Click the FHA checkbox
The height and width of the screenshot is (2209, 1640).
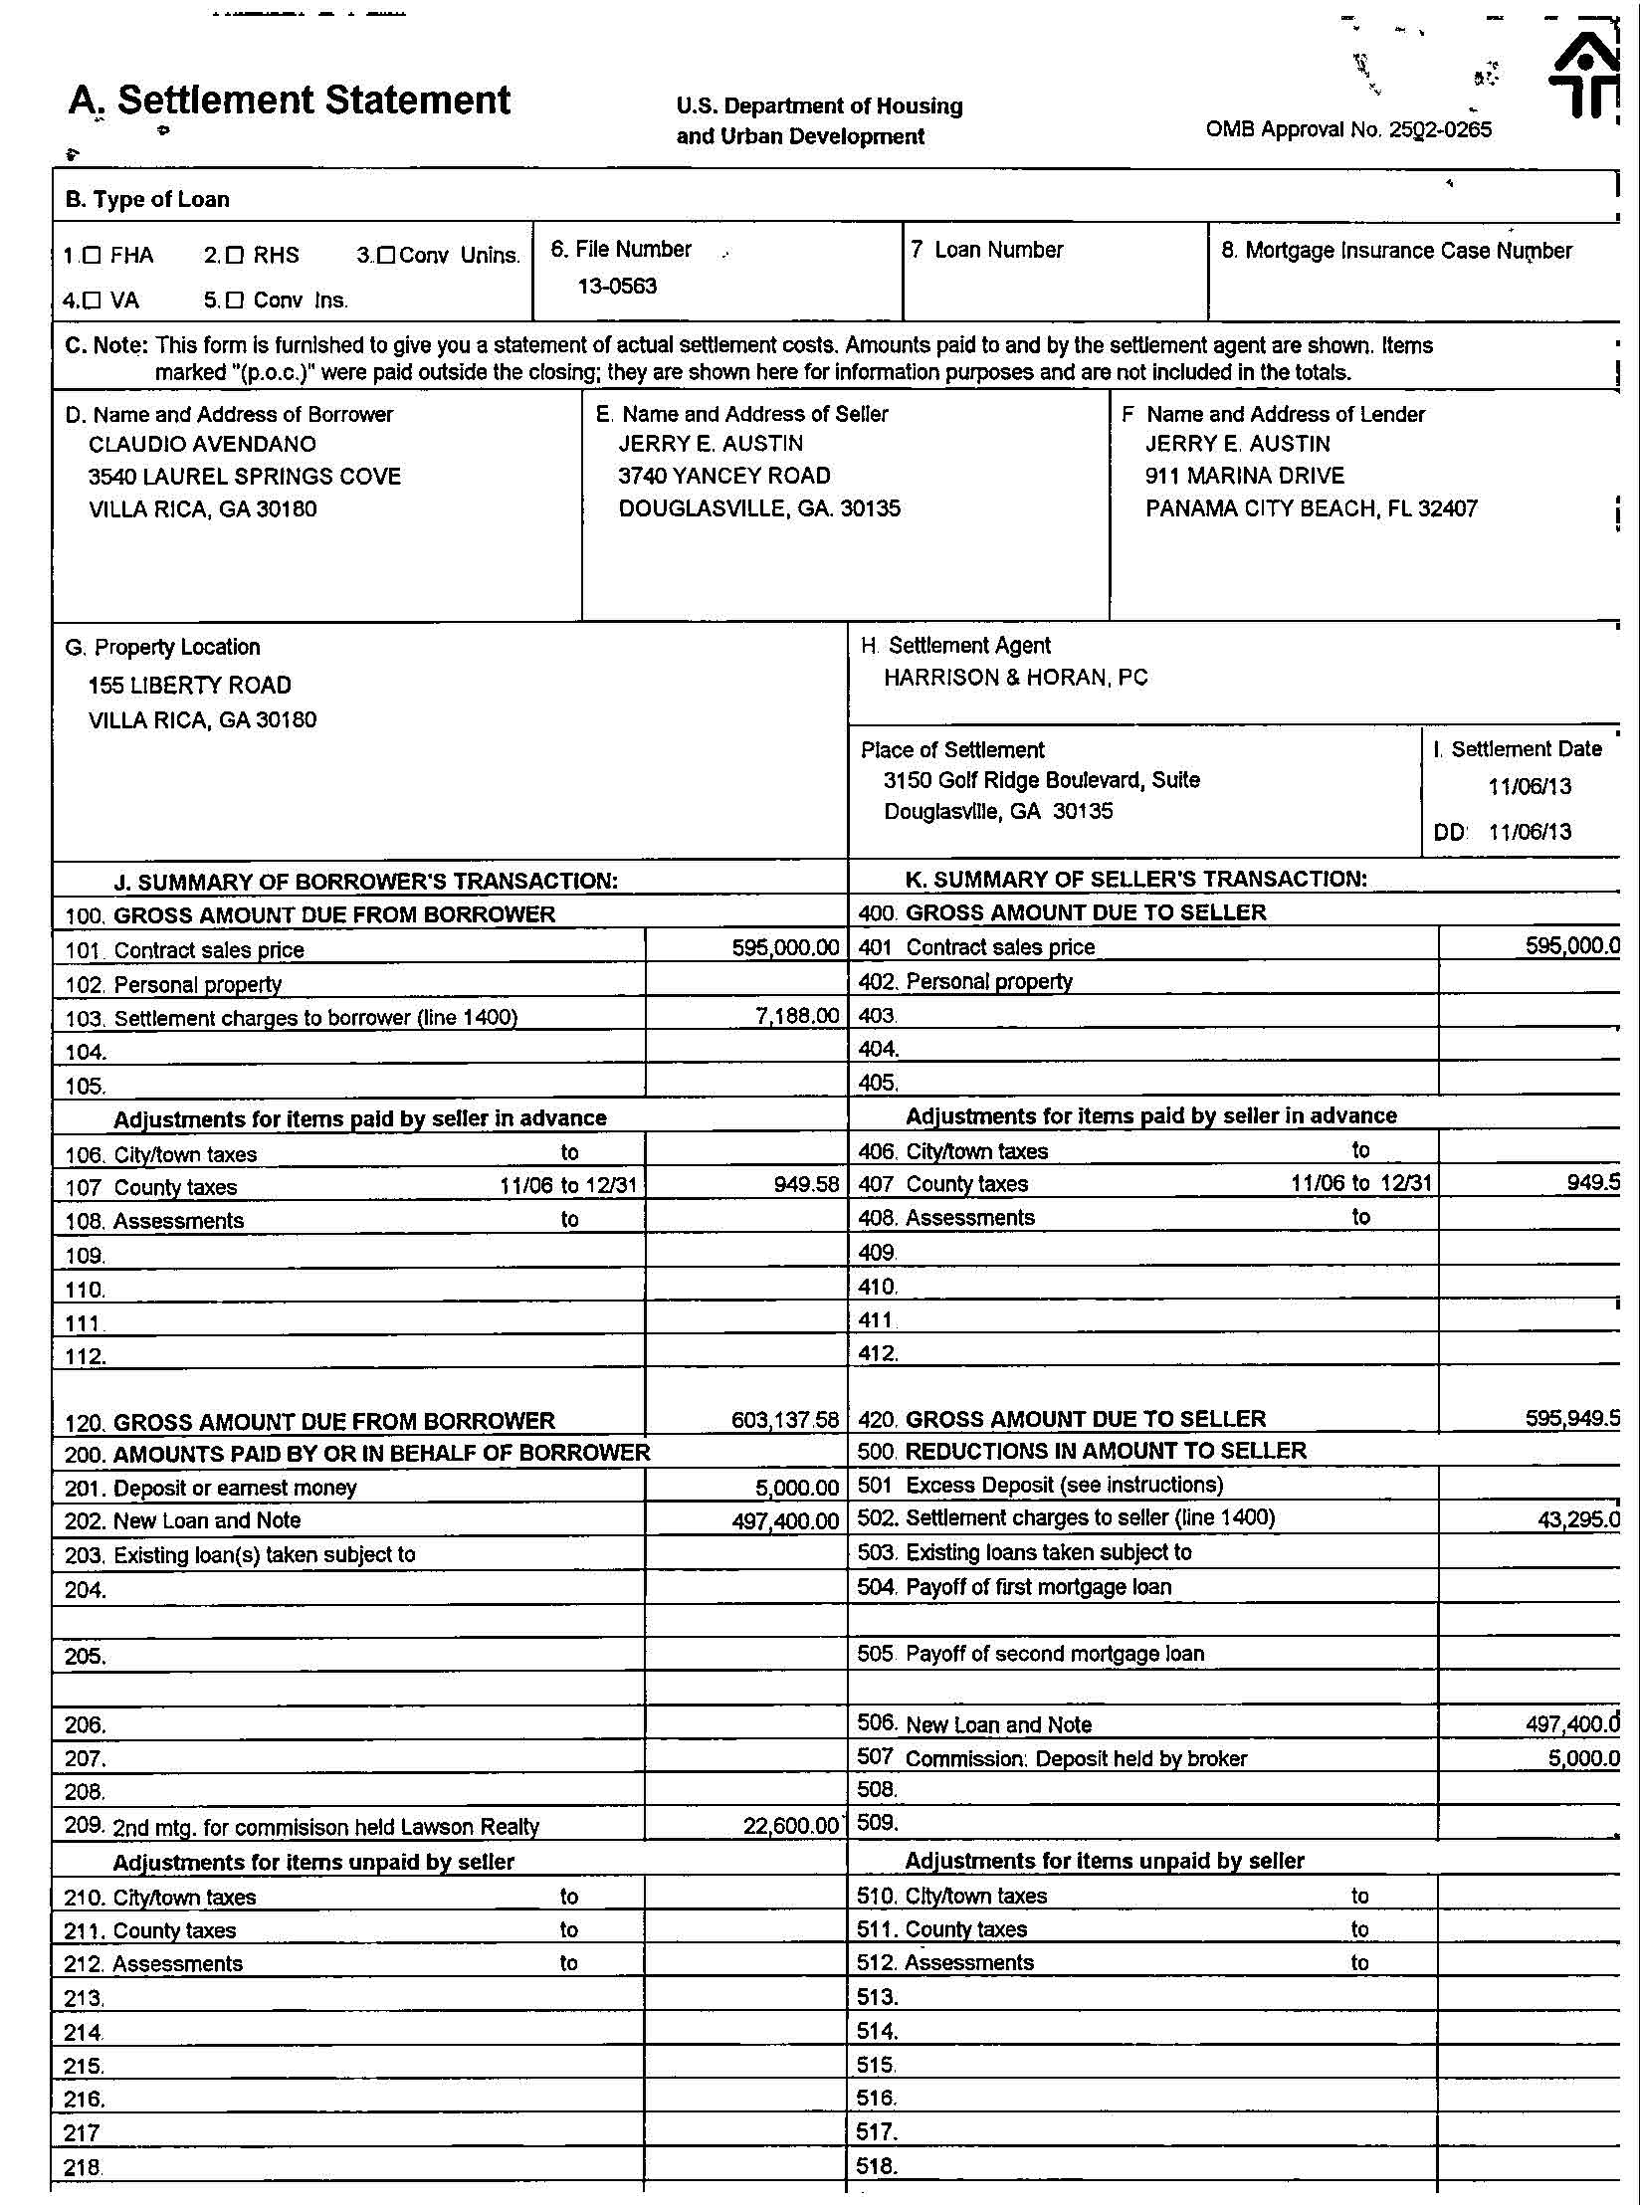click(x=92, y=256)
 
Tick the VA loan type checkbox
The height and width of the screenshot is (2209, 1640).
click(x=92, y=300)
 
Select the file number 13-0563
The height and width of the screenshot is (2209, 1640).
click(x=617, y=287)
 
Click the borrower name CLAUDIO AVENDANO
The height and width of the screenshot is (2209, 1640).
click(x=202, y=445)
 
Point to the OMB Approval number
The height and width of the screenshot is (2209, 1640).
click(x=1348, y=129)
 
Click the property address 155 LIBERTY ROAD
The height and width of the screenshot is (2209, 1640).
click(x=190, y=686)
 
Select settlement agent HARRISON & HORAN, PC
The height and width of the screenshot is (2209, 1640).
click(x=1015, y=678)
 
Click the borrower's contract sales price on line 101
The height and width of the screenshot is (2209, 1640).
click(x=785, y=948)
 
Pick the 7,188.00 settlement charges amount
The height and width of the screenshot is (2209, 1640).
click(x=797, y=1017)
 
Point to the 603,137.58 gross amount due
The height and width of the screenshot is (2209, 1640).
click(x=785, y=1420)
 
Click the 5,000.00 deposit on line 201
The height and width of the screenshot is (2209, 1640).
click(x=797, y=1488)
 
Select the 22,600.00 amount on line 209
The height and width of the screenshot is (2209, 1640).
click(x=791, y=1826)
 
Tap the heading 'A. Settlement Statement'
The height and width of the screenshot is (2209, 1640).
click(x=290, y=101)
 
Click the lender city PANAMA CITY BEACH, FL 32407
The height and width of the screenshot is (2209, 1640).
click(x=1311, y=508)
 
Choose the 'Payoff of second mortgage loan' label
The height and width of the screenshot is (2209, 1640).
click(x=1055, y=1654)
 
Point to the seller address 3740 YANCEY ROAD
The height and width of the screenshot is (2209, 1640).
click(x=723, y=476)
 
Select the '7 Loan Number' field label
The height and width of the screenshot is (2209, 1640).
click(x=987, y=250)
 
